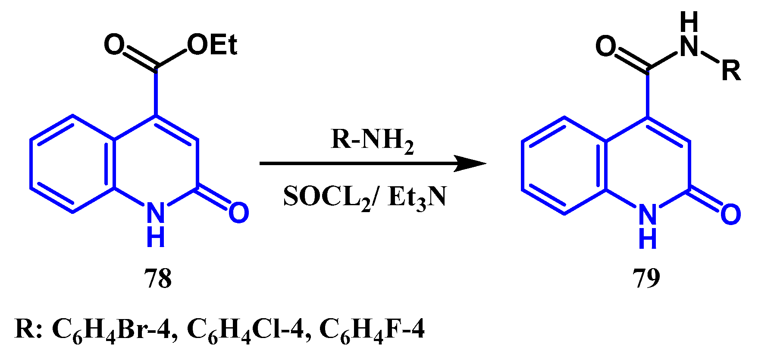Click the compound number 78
point(158,279)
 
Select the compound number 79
point(646,279)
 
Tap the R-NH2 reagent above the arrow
point(372,141)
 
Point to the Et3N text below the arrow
point(417,197)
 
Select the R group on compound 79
point(731,71)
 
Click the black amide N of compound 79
point(689,47)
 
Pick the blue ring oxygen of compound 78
point(238,213)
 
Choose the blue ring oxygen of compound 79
point(730,214)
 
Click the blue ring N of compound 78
point(156,213)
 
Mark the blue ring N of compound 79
point(647,214)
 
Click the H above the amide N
point(689,22)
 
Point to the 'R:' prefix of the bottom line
point(28,329)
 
